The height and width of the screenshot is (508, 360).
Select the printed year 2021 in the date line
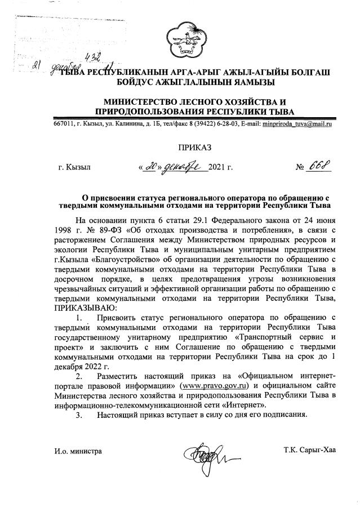point(217,167)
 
